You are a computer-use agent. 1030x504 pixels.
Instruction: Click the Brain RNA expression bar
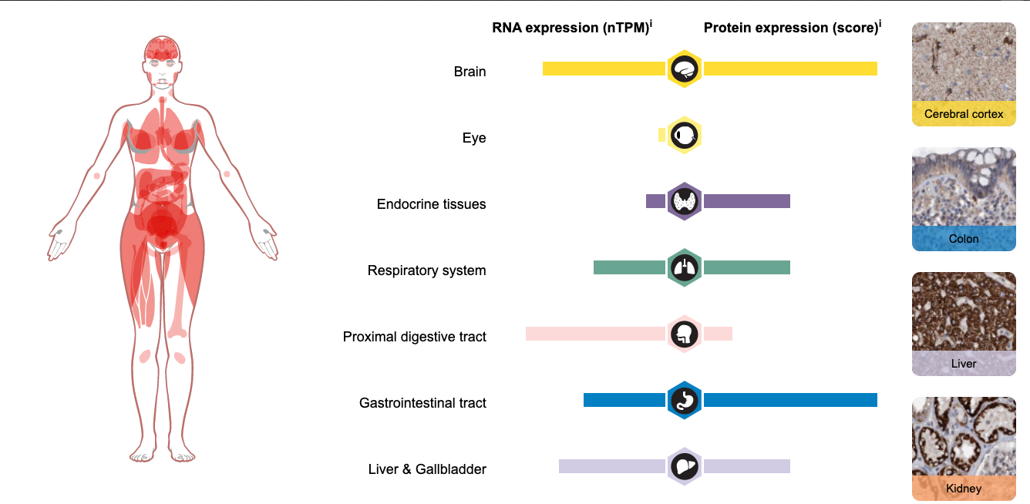point(604,69)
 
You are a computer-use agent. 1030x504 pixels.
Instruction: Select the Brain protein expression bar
point(790,69)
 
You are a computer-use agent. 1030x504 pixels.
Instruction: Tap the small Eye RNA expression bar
point(661,135)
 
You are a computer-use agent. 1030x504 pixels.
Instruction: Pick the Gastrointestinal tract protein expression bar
point(790,400)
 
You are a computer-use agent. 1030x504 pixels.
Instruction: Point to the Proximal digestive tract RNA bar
point(595,334)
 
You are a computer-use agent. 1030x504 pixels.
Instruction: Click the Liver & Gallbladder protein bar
point(747,466)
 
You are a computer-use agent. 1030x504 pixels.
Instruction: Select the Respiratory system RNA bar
point(630,267)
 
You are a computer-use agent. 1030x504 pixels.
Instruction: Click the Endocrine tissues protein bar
point(747,201)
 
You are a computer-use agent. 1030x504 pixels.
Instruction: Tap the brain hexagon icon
point(684,69)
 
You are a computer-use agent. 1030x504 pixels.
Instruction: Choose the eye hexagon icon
point(684,135)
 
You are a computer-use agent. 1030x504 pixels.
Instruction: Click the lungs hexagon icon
point(684,267)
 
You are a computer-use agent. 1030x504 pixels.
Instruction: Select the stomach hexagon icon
point(684,400)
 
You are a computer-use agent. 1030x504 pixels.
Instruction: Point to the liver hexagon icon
point(684,466)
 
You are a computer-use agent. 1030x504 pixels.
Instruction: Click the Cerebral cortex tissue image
point(964,74)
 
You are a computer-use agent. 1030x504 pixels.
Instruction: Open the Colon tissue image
point(964,199)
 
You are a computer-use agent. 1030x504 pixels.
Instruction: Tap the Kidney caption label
point(964,489)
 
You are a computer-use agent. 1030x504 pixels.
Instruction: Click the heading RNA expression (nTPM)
point(572,28)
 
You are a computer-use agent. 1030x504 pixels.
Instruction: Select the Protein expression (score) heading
point(793,28)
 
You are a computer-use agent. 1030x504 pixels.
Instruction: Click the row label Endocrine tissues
point(431,204)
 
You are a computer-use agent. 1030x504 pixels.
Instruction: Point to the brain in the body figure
point(162,49)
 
